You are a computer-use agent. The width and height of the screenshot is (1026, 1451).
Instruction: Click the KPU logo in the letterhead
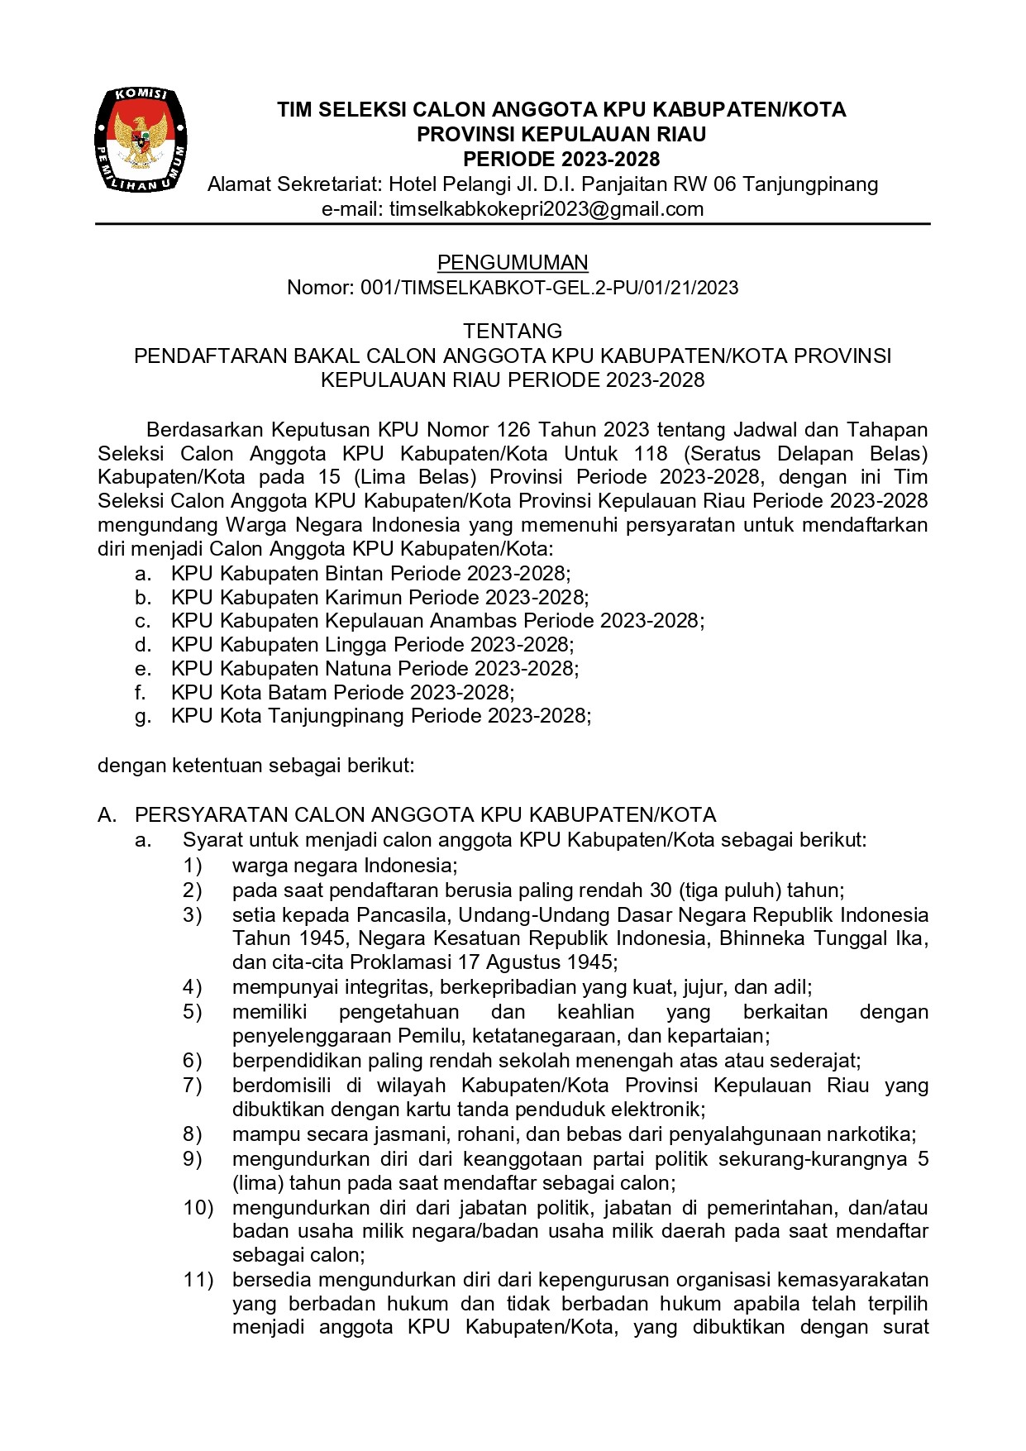(x=141, y=140)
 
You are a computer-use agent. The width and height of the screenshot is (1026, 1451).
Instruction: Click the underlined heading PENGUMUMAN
(x=513, y=263)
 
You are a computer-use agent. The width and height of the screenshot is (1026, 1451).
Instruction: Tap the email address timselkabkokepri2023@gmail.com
(x=546, y=209)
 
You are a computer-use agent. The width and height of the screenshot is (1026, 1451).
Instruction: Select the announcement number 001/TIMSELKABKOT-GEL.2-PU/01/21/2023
(x=549, y=288)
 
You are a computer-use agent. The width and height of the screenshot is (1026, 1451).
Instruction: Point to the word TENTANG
(x=513, y=332)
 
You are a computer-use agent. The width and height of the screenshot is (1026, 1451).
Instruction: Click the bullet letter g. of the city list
(x=143, y=717)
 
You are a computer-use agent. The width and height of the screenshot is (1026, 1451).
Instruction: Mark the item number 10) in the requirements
(x=198, y=1208)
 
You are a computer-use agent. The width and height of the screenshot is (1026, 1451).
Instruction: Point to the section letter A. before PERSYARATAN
(x=107, y=815)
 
